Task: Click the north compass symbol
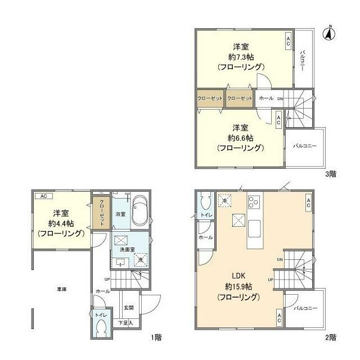click(x=328, y=34)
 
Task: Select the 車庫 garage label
click(x=62, y=289)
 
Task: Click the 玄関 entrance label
click(x=129, y=308)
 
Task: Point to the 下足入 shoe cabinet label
click(x=125, y=323)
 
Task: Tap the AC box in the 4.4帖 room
click(x=44, y=196)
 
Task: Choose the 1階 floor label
click(x=156, y=337)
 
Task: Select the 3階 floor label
click(x=331, y=174)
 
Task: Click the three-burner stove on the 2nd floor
click(x=254, y=202)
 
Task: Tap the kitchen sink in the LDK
click(x=254, y=228)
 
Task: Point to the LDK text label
click(x=238, y=276)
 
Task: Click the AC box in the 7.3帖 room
click(x=288, y=41)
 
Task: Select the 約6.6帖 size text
click(x=241, y=138)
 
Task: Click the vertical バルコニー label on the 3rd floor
click(x=303, y=61)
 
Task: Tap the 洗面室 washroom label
click(x=127, y=250)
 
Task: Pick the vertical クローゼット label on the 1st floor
click(x=102, y=213)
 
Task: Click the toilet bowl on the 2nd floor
click(x=206, y=201)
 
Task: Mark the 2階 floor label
click(x=331, y=337)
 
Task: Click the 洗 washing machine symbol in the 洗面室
click(x=140, y=260)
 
